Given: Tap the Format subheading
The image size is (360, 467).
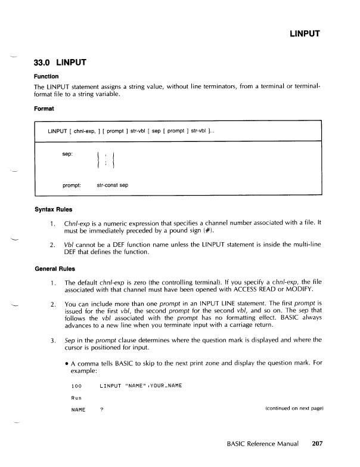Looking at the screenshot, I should coord(44,109).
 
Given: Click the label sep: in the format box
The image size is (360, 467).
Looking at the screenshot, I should coord(68,154).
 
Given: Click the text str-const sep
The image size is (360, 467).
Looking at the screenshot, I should coord(112,185).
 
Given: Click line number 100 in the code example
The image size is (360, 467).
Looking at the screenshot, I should coord(76,386).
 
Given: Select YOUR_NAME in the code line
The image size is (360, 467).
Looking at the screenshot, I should coord(163,386).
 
